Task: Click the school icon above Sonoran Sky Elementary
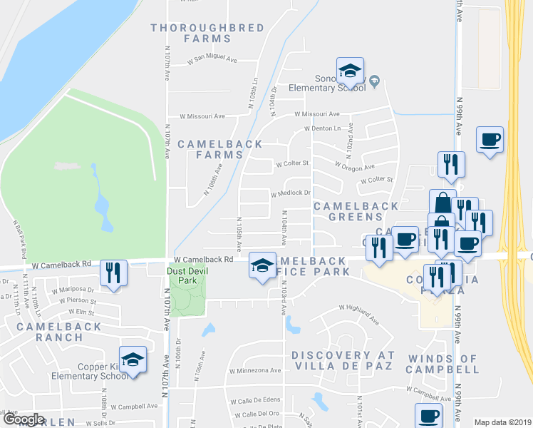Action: pyautogui.click(x=349, y=71)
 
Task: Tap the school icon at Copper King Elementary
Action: pyautogui.click(x=132, y=360)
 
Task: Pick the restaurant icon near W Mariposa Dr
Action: pyautogui.click(x=113, y=273)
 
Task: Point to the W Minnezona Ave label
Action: pyautogui.click(x=255, y=371)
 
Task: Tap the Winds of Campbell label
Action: pyautogui.click(x=443, y=364)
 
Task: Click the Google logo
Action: pyautogui.click(x=23, y=419)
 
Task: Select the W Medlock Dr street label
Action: pyautogui.click(x=291, y=193)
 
